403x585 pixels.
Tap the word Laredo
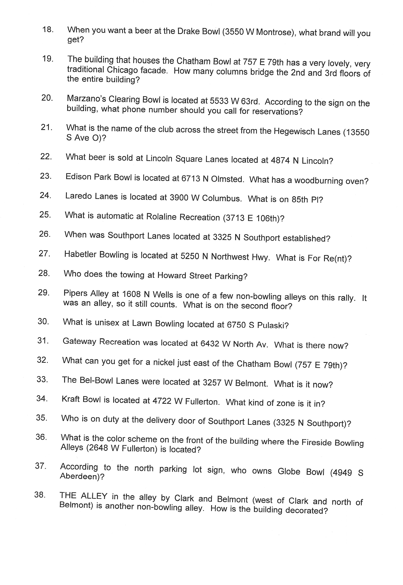(x=78, y=196)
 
